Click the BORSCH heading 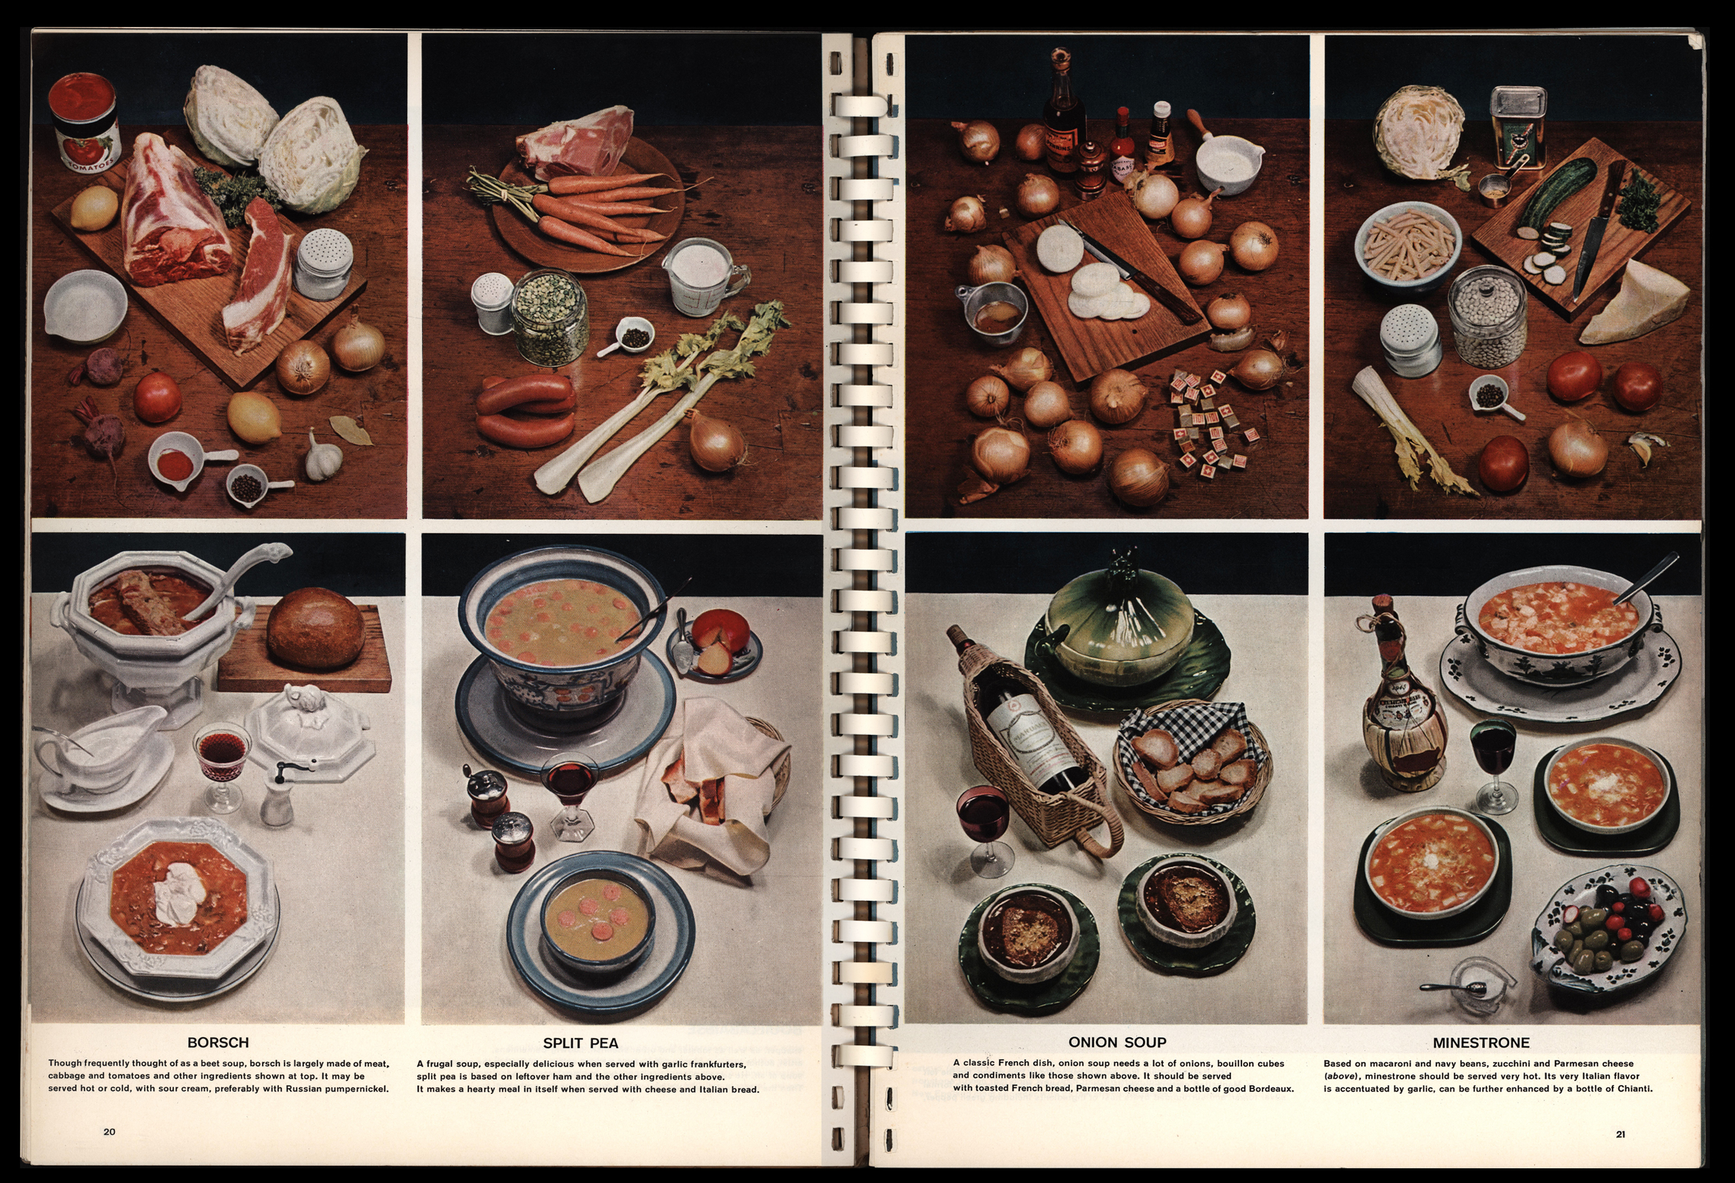click(x=218, y=1042)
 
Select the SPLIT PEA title click(x=581, y=1043)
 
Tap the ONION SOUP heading click(x=1117, y=1042)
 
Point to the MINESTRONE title click(x=1481, y=1043)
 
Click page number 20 click(x=109, y=1131)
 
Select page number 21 click(x=1621, y=1134)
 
